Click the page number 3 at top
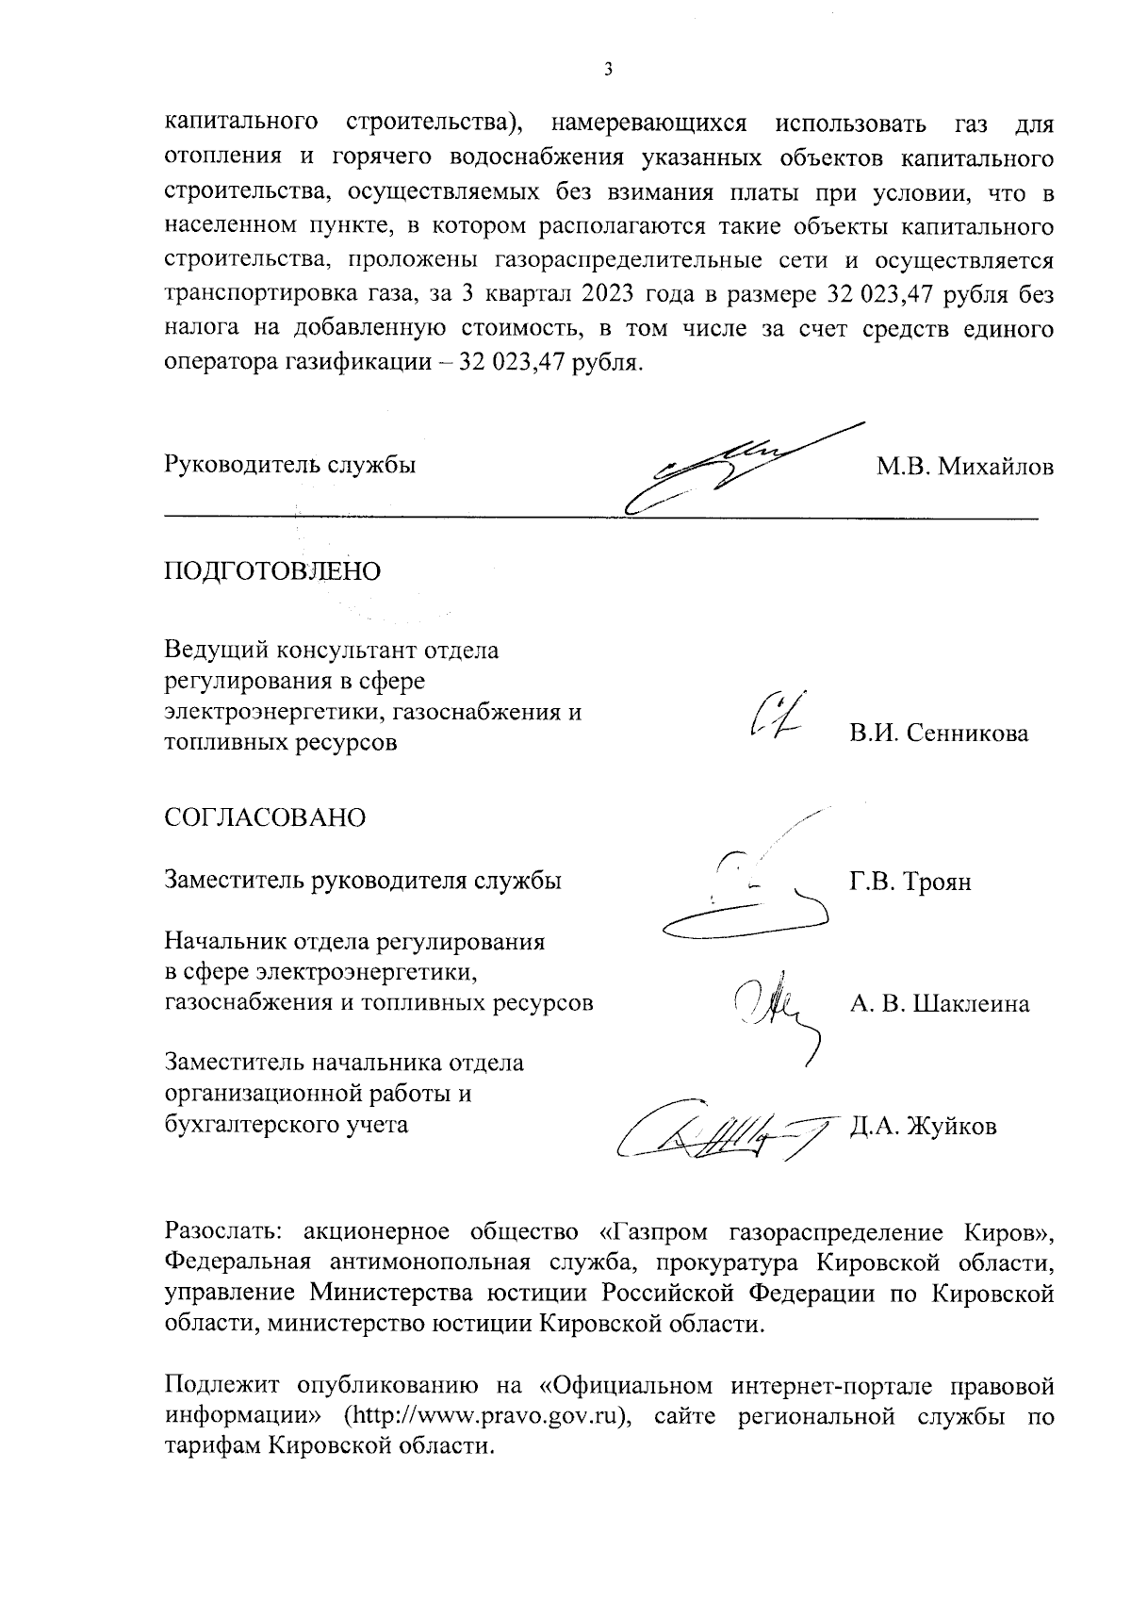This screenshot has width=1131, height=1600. tap(608, 69)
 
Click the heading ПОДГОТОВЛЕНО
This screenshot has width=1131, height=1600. tap(272, 572)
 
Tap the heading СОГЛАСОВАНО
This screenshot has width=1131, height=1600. tap(265, 817)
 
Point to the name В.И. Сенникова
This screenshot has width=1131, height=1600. tap(938, 734)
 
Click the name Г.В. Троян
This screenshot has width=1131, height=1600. tap(910, 882)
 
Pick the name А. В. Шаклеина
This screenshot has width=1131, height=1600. tap(939, 1004)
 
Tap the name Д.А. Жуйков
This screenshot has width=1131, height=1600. tap(923, 1128)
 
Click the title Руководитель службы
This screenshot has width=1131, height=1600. tap(290, 466)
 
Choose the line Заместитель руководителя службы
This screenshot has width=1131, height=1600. tap(363, 882)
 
